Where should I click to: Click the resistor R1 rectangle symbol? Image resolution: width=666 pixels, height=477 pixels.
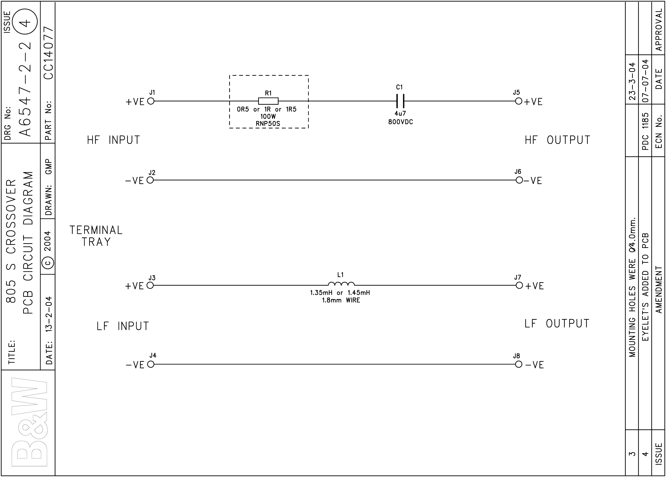click(x=268, y=101)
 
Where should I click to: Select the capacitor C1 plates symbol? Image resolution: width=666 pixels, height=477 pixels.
click(x=400, y=101)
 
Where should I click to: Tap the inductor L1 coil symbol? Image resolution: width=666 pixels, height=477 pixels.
click(x=341, y=284)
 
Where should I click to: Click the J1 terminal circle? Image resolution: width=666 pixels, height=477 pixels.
click(x=151, y=101)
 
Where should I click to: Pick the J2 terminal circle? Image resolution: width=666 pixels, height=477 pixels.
click(x=150, y=180)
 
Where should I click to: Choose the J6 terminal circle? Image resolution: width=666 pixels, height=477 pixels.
click(x=519, y=180)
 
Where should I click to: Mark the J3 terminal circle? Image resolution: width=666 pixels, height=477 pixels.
click(x=150, y=285)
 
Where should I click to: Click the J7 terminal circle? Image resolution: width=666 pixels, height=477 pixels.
click(x=519, y=285)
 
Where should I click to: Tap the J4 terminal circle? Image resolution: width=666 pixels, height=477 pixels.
click(x=151, y=364)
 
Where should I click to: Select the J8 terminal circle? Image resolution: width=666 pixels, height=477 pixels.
click(x=518, y=364)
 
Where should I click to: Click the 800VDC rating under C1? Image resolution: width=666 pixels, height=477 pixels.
click(x=401, y=122)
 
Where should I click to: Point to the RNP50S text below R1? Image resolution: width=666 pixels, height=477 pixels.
click(x=268, y=124)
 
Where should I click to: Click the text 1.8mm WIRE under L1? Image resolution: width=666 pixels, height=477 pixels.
click(x=341, y=300)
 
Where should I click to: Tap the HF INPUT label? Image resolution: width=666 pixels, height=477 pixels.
click(x=113, y=140)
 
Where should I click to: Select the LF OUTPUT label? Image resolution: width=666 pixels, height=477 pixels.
click(x=557, y=324)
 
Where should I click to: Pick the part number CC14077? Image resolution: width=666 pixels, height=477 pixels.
click(x=48, y=53)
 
